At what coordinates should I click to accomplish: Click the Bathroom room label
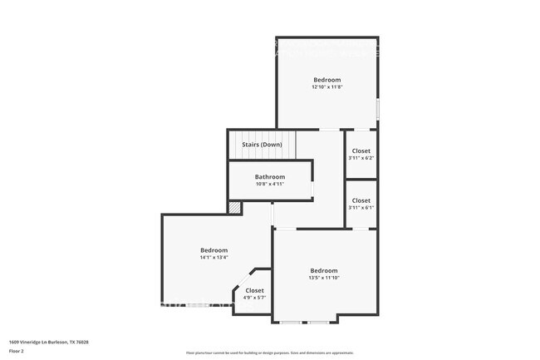270,177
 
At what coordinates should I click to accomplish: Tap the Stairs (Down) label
262,145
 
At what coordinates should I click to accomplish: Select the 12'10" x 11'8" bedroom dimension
326,87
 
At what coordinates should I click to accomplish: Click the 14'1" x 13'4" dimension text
214,258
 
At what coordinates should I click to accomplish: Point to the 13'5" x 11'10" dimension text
324,278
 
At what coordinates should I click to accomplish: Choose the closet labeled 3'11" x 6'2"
361,155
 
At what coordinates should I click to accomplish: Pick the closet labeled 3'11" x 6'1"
361,204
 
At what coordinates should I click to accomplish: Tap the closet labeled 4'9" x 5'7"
254,294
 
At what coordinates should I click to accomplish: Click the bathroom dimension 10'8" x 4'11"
270,184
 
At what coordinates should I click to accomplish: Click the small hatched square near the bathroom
235,207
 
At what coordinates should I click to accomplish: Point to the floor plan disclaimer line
270,353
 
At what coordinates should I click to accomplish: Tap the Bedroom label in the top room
326,80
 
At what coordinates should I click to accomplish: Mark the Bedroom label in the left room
214,250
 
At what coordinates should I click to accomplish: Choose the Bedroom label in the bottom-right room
324,270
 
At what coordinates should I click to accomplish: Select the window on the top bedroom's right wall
377,108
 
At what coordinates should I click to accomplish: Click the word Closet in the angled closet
254,290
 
